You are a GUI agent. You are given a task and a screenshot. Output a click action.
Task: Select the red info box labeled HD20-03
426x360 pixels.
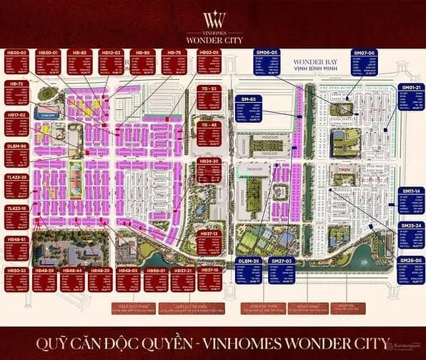(x=17, y=62)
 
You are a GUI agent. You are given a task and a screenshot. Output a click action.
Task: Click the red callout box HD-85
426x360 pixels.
(x=83, y=62)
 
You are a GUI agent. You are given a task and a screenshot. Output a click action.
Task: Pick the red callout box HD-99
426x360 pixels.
(x=142, y=62)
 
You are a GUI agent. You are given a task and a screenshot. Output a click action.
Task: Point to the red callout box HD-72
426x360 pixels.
(x=16, y=92)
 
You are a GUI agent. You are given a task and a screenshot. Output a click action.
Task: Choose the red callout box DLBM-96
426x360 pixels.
(x=16, y=154)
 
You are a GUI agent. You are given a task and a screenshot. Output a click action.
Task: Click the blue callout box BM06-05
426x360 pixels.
(x=268, y=62)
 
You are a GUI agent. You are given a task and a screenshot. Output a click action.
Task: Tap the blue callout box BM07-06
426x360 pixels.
(x=365, y=62)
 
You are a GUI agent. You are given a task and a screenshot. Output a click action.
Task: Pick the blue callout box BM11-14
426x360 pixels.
(x=410, y=201)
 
